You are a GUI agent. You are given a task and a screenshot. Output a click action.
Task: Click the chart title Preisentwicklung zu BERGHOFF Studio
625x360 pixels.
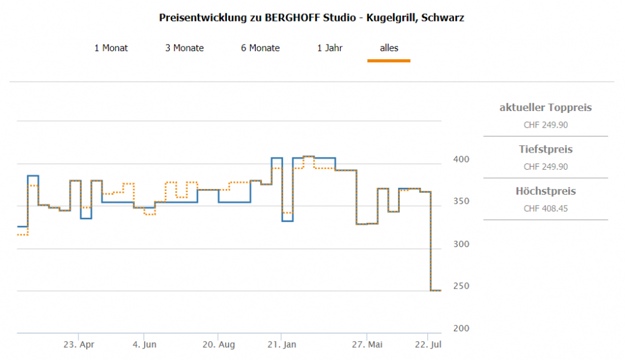[312, 18]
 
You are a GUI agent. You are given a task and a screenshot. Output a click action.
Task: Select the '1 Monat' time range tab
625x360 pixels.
[111, 48]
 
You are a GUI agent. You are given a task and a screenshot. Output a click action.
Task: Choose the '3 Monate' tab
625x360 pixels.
[184, 48]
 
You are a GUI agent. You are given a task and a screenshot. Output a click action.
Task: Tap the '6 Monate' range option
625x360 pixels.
[260, 48]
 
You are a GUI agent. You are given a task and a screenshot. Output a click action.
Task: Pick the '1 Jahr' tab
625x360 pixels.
[330, 48]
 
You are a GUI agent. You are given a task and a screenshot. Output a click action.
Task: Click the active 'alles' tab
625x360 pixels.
[389, 48]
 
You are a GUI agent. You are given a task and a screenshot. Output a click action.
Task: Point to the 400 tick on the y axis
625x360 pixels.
[461, 159]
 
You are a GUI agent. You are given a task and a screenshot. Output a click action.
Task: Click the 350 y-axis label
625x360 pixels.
[461, 201]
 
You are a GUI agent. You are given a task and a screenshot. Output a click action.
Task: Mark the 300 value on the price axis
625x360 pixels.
[461, 244]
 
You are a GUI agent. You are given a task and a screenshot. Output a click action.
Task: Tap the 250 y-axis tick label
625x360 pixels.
[461, 286]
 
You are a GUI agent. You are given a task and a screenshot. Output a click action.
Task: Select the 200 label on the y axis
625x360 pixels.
[461, 328]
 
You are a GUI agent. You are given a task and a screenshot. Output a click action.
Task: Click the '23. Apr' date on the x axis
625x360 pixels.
[79, 345]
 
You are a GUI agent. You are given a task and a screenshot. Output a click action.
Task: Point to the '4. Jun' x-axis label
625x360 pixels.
[144, 345]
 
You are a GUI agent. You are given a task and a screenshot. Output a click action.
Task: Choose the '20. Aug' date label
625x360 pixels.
[219, 345]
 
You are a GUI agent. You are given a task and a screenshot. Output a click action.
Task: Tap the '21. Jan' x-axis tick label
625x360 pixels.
[281, 345]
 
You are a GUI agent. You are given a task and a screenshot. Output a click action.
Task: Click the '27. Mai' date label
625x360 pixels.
[367, 345]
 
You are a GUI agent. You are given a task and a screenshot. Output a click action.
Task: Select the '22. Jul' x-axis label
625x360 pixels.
[427, 345]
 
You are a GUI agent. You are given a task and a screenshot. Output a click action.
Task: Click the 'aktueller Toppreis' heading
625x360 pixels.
[546, 108]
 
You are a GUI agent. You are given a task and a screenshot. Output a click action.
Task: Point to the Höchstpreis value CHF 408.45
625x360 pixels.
[546, 209]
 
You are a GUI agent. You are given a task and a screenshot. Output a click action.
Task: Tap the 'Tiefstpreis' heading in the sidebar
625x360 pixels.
[546, 149]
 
